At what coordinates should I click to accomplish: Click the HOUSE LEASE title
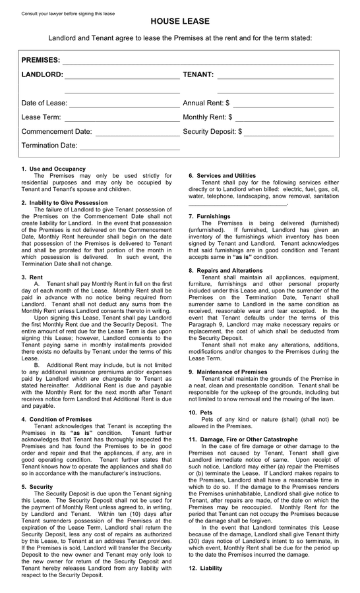180,22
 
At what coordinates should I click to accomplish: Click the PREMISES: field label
41,60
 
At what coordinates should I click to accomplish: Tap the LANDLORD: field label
42,74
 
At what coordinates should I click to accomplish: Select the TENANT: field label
198,74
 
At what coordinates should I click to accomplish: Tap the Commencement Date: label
57,132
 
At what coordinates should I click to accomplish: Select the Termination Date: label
49,146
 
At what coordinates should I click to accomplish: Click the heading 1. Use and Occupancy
53,169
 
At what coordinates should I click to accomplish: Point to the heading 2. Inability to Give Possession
64,202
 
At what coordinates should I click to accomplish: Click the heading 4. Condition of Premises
57,419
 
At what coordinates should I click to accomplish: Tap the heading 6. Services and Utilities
222,175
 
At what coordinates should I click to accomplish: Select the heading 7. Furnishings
209,216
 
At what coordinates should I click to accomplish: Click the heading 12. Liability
206,568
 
